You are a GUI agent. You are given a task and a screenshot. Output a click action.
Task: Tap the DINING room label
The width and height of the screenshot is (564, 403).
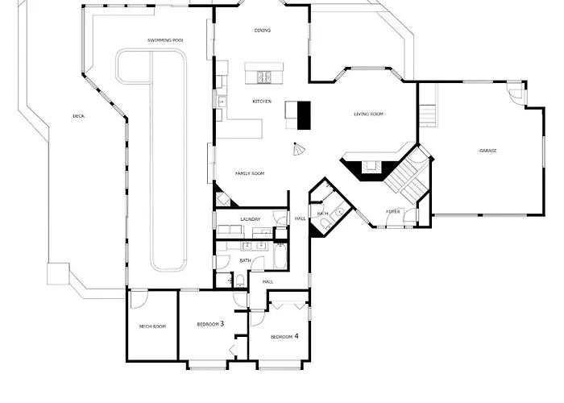262,31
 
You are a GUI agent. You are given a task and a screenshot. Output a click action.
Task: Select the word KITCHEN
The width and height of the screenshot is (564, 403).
262,102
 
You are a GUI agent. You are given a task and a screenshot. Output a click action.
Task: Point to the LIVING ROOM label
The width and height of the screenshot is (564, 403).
368,114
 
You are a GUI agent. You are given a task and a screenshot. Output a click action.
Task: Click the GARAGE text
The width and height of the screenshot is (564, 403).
487,151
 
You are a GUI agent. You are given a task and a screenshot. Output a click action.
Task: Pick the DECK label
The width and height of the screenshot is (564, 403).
78,116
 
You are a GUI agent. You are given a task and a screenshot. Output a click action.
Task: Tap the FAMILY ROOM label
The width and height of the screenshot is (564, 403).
250,173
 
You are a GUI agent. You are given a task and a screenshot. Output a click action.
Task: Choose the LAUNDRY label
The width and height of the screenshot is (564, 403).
251,219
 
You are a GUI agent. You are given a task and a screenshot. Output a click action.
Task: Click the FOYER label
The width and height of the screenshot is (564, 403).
393,212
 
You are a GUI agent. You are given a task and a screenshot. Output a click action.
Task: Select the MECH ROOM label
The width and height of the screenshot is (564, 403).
152,326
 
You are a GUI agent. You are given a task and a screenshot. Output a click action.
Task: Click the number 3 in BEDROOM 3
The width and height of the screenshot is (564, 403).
222,324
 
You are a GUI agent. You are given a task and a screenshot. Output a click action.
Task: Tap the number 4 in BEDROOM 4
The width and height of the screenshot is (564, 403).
297,336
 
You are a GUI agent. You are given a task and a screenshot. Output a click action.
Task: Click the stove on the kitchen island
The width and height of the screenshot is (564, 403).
263,77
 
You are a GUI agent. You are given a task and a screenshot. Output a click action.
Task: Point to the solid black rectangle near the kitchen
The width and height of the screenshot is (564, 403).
304,114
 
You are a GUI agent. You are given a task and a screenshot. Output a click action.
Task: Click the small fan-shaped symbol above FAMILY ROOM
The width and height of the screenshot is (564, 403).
299,152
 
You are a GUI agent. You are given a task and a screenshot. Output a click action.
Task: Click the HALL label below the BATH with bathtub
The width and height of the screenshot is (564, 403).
267,282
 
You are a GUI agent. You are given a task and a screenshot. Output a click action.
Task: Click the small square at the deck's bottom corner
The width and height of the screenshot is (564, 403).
55,274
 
